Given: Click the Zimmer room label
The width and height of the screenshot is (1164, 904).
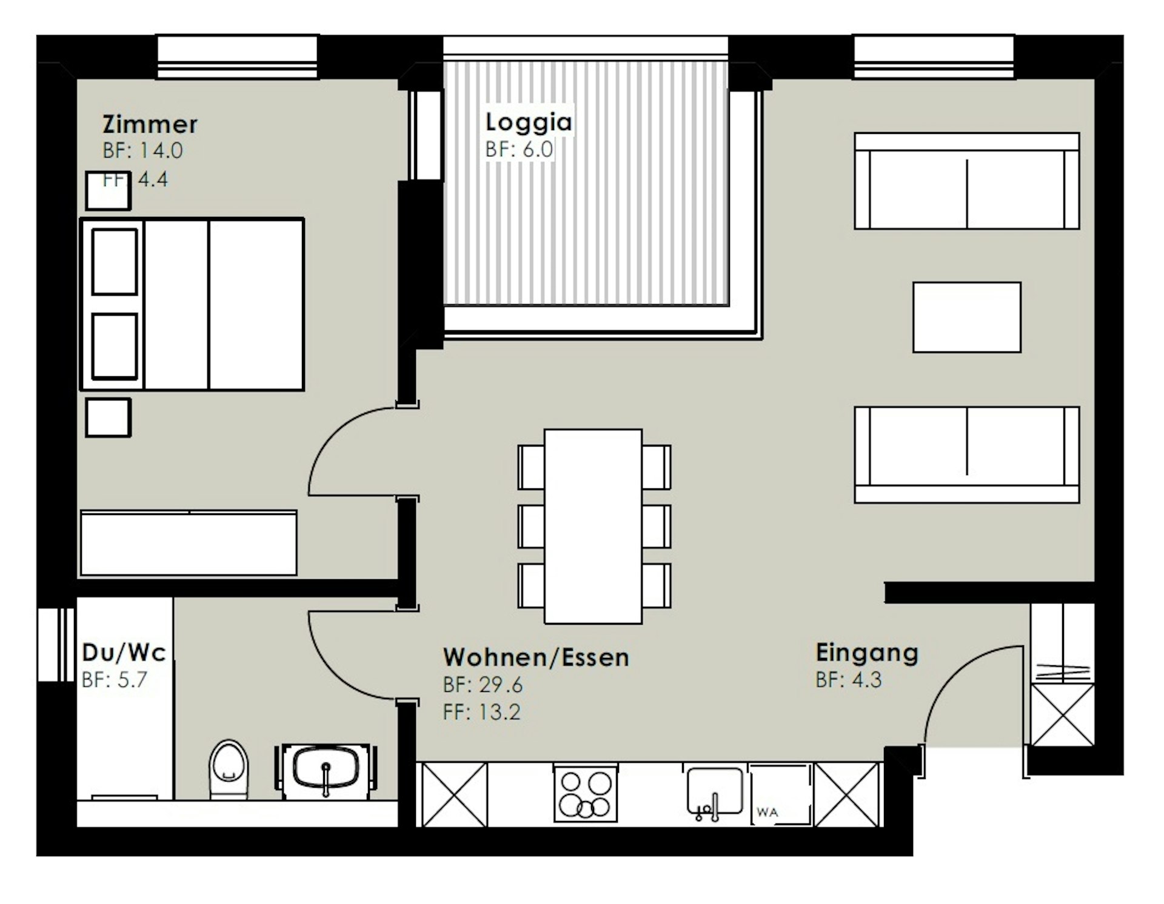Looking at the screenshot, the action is [x=150, y=124].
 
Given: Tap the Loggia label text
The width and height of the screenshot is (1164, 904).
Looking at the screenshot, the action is [x=529, y=123].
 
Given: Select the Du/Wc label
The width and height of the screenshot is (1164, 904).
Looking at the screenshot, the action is [x=124, y=652].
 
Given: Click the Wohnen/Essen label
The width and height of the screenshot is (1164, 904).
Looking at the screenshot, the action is [x=536, y=657].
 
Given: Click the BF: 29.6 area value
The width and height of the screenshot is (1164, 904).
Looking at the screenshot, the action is [x=483, y=685].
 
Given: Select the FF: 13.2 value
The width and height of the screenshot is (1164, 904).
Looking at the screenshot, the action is [x=481, y=711].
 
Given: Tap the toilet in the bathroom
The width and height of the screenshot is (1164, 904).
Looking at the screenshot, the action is [x=229, y=768].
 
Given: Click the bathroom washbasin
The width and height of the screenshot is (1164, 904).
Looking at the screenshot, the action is [x=326, y=769].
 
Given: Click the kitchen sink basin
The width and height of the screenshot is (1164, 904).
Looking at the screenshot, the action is [x=715, y=791].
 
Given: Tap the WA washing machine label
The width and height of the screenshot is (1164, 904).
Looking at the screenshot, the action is [x=768, y=813].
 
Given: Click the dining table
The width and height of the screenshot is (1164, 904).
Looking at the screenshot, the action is [x=593, y=526].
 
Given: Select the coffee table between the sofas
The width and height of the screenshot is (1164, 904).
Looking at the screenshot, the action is [x=967, y=317].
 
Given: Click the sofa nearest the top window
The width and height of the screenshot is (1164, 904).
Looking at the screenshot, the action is [x=967, y=181].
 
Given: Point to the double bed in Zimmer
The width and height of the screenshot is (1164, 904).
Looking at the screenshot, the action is [x=192, y=304].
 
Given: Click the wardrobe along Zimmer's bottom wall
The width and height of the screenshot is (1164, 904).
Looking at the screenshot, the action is [x=189, y=543].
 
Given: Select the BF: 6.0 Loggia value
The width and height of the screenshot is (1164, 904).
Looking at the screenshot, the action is [x=519, y=149].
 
